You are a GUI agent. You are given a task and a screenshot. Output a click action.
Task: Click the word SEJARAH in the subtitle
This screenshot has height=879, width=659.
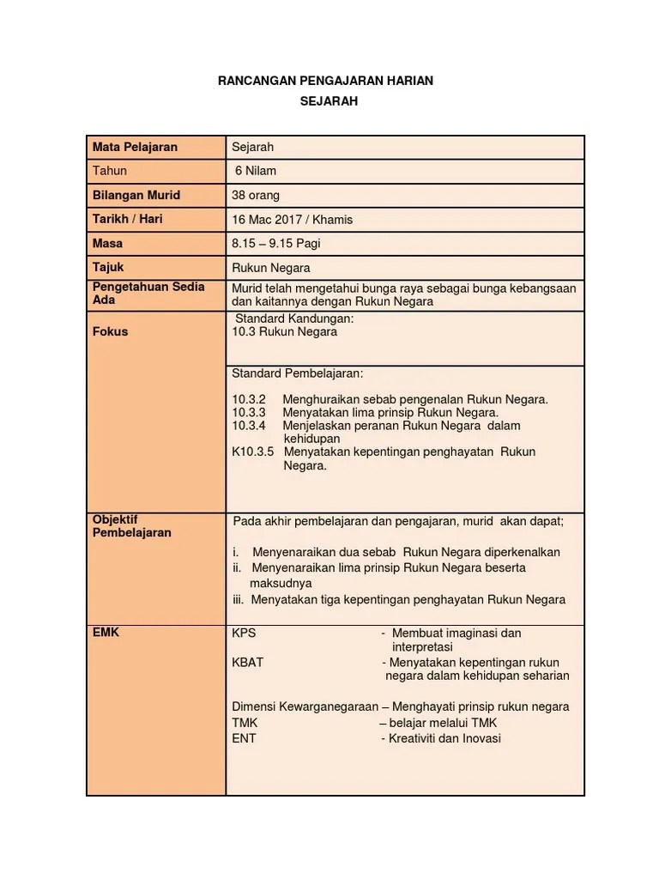point(329,100)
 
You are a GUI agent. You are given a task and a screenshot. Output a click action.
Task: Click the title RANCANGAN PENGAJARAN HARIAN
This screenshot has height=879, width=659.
point(326,81)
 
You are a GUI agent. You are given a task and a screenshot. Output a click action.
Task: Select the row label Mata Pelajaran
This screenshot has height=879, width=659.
point(135,147)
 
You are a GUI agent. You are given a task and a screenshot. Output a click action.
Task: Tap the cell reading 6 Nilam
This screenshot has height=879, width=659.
point(256,171)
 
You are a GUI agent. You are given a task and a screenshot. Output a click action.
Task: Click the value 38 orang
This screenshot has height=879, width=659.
point(256,195)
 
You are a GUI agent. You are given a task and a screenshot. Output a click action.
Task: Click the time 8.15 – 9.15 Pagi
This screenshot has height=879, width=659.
point(276,244)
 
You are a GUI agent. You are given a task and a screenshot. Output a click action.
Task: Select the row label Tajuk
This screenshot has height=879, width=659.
point(109,268)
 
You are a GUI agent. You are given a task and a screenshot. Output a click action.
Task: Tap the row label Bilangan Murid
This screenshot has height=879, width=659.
point(136,195)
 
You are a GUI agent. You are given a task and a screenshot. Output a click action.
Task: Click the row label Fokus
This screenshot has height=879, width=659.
point(110,332)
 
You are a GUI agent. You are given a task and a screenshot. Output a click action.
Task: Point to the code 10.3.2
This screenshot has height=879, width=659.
point(249,400)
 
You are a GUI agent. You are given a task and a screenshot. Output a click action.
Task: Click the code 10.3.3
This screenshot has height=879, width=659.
point(249,413)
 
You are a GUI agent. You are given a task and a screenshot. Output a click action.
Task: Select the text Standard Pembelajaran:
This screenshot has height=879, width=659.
point(297,374)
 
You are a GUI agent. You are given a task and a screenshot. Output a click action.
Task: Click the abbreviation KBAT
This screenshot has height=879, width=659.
point(248,663)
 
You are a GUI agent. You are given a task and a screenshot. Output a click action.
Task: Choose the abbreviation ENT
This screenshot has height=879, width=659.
point(244,738)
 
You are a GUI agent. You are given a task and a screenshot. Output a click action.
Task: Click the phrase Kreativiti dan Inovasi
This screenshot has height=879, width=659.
point(444,738)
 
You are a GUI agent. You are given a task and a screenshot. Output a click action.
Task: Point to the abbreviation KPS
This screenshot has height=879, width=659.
point(244,633)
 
